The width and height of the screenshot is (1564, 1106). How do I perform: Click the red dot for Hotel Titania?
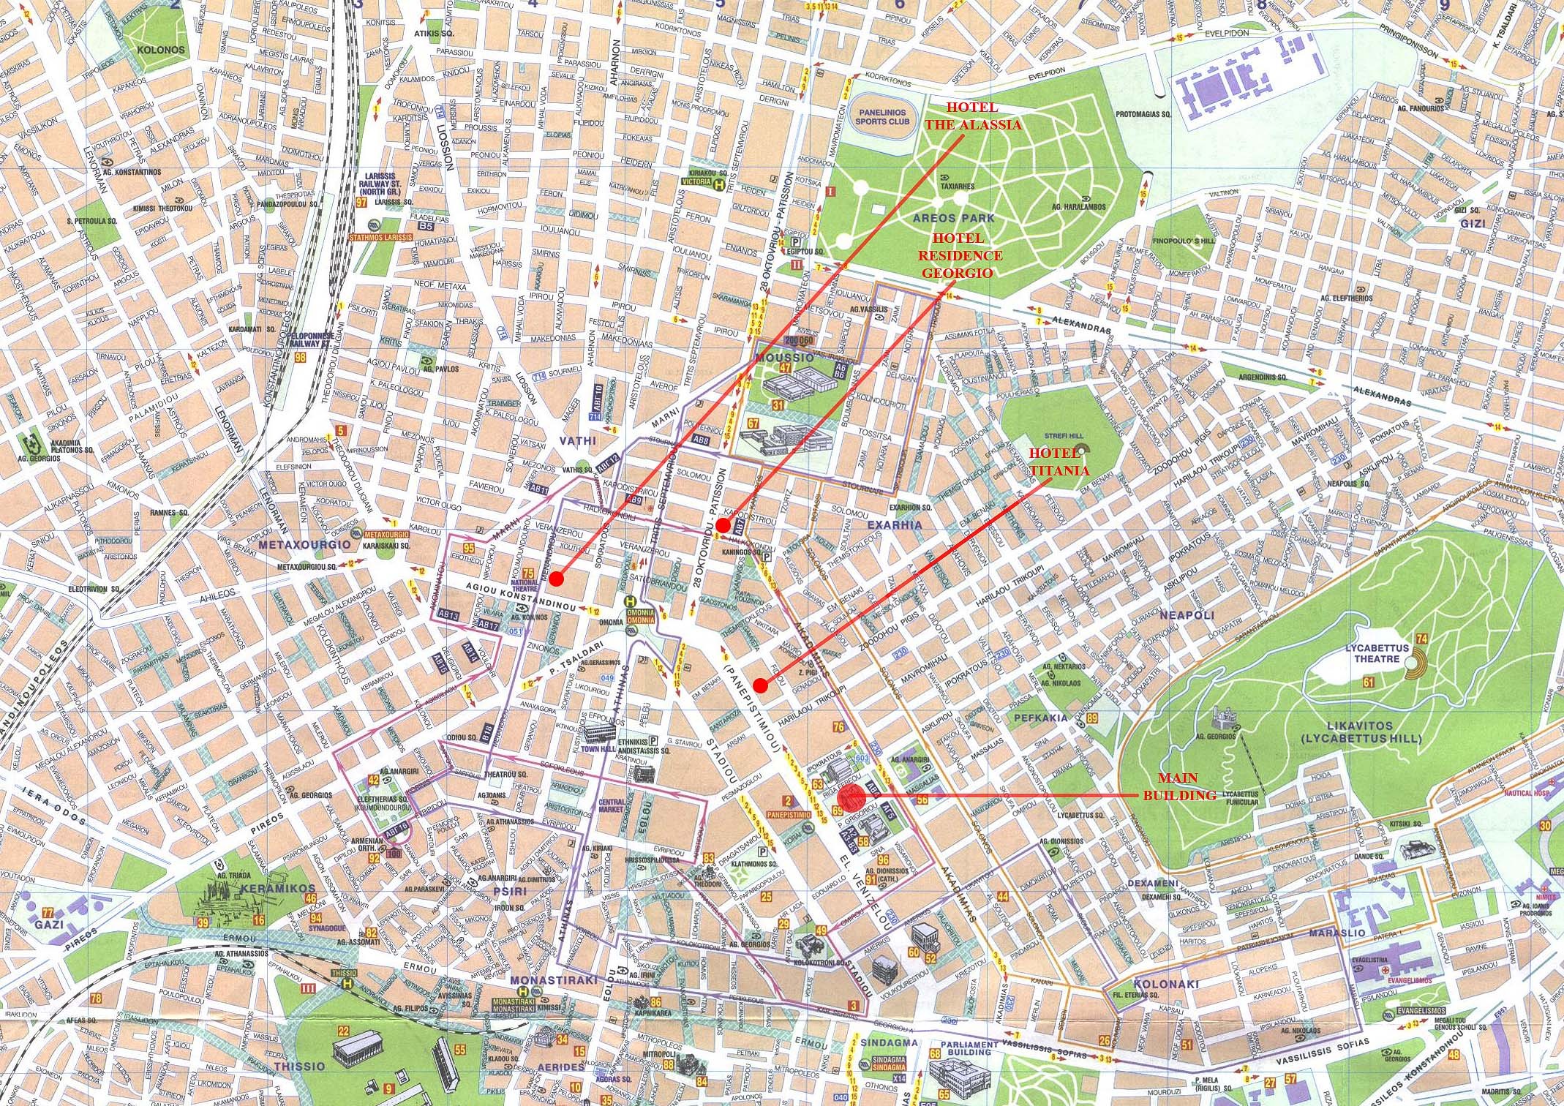pos(760,685)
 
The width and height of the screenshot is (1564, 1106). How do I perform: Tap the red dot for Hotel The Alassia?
pos(556,579)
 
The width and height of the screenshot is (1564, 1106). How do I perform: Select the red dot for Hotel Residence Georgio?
pos(721,525)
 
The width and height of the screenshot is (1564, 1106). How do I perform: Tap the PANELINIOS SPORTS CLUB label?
pos(881,117)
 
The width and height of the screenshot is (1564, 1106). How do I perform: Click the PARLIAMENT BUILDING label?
pos(970,1048)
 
